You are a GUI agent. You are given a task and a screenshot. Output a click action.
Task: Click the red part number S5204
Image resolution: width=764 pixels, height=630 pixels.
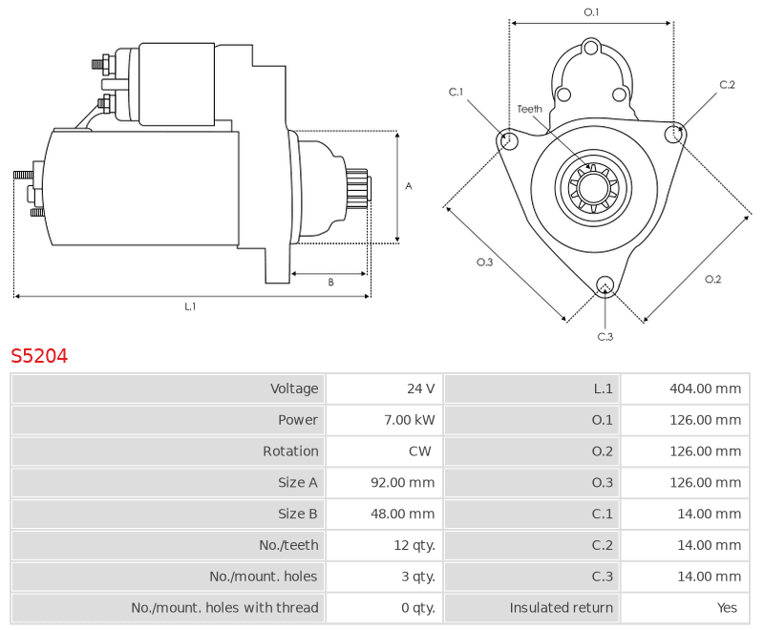click(39, 356)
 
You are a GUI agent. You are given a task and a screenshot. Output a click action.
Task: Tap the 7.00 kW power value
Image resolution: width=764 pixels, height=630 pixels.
click(410, 420)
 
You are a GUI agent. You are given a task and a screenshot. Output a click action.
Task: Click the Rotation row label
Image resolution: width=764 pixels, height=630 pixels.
click(290, 451)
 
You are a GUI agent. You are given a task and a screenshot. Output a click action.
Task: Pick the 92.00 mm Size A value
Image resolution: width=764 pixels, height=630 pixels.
click(402, 482)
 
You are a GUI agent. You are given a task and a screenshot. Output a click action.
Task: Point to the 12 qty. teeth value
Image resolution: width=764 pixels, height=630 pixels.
click(414, 545)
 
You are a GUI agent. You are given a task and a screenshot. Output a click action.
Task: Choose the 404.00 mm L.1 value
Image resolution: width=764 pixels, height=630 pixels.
click(705, 388)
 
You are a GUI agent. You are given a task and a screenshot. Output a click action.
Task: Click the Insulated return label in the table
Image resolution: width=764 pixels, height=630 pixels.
click(561, 608)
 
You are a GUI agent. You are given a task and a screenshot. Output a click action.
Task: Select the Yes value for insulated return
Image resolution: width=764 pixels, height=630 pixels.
click(727, 608)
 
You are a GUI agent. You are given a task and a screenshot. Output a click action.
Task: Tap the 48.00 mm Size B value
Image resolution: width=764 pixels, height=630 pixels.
click(402, 514)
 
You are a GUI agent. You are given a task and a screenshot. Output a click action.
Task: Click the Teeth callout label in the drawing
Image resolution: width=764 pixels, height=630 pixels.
click(530, 109)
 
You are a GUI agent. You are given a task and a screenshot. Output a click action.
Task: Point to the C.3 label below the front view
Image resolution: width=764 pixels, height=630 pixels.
click(605, 337)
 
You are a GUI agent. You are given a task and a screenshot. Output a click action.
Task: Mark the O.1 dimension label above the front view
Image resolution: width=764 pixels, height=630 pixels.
click(591, 12)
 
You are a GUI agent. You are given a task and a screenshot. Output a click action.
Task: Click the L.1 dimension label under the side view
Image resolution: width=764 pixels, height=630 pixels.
click(190, 306)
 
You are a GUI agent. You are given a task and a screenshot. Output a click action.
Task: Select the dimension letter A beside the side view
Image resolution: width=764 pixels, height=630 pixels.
click(409, 186)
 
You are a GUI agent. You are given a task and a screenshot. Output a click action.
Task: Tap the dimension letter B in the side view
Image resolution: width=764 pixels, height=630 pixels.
click(330, 283)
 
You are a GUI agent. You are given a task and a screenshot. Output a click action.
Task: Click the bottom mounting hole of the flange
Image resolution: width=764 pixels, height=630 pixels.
click(605, 284)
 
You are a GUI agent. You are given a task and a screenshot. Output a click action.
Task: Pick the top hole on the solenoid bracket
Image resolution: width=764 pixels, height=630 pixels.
click(591, 48)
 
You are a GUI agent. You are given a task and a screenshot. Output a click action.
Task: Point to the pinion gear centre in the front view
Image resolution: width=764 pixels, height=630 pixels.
click(593, 186)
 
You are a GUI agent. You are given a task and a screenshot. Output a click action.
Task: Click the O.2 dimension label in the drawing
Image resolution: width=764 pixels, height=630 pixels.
click(712, 279)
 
